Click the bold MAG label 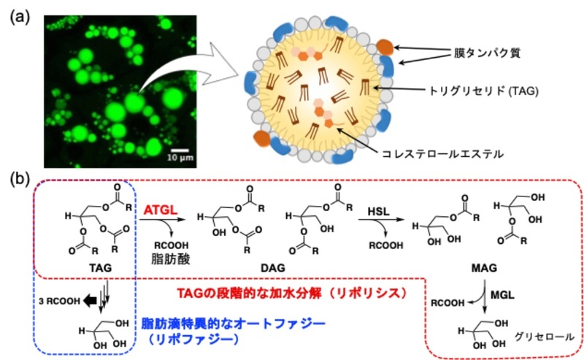coord(491,269)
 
